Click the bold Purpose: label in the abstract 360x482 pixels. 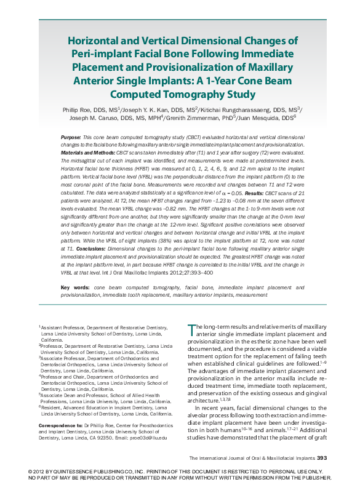pos(71,136)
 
